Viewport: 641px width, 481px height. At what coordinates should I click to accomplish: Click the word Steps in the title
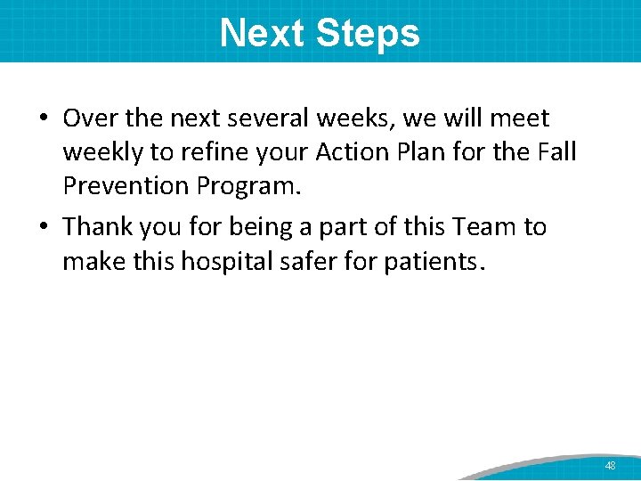368,34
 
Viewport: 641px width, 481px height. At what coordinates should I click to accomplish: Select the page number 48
610,466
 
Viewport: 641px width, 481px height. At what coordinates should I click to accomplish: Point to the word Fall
556,153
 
